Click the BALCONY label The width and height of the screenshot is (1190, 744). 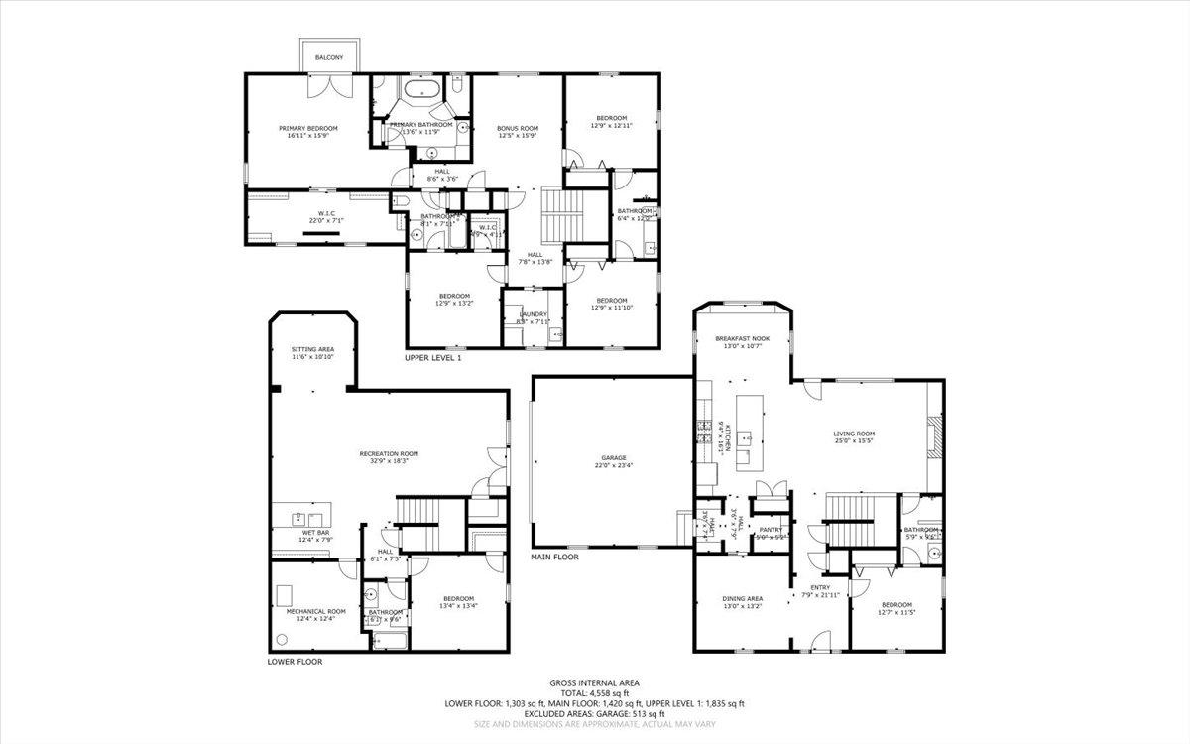[329, 58]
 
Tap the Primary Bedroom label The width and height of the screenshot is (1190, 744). [307, 128]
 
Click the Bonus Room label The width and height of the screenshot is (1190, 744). [518, 128]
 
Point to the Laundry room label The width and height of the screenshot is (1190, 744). [533, 314]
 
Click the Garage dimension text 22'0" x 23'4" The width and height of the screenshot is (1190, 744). [612, 466]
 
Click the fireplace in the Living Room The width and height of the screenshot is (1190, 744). [933, 436]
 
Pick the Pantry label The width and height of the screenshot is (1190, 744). [771, 530]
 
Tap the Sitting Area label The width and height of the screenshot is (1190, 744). [312, 349]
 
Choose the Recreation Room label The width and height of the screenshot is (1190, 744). [389, 453]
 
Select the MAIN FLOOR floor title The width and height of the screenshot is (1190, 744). [554, 558]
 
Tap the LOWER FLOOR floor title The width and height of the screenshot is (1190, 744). [295, 661]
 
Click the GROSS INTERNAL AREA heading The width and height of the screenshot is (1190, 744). [595, 682]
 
